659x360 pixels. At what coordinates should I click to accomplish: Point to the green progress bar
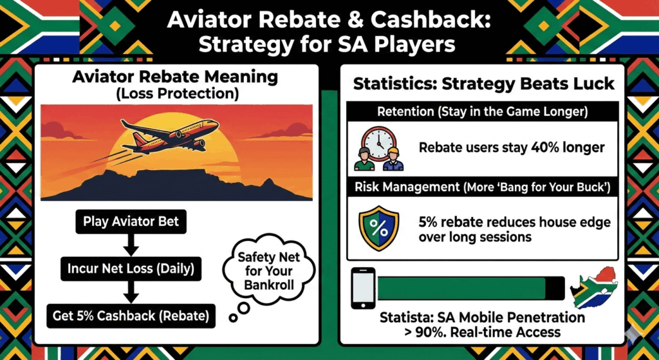coord(470,288)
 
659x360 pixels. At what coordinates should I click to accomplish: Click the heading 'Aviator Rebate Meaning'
coord(175,77)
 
